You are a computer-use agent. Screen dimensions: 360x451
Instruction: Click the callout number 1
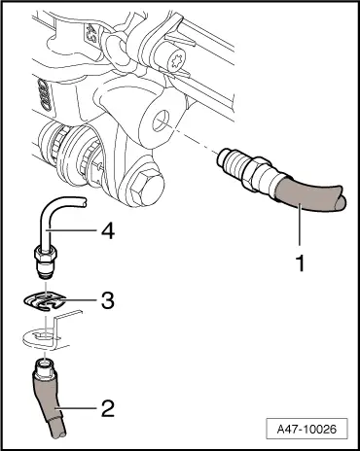pos(301,263)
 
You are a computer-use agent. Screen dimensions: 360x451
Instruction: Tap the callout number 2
pos(108,408)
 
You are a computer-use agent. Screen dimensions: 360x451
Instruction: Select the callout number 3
pos(108,300)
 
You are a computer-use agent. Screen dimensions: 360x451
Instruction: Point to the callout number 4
pos(108,232)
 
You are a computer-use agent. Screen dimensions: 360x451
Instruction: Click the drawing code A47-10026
pos(306,430)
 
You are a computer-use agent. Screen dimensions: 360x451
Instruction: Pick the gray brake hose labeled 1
pos(308,196)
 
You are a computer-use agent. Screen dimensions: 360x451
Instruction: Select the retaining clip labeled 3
pos(46,301)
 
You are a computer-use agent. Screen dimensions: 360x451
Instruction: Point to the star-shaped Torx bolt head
pos(176,60)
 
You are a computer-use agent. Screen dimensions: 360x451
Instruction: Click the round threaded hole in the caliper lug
pos(162,121)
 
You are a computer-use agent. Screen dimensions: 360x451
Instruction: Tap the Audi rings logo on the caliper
pos(45,94)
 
